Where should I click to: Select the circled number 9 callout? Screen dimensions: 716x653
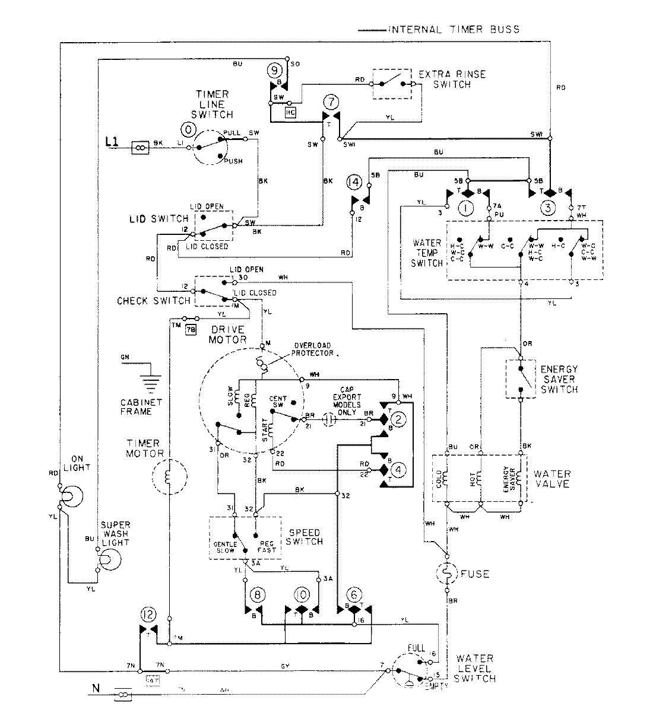(274, 70)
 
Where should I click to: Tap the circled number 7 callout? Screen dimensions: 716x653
(331, 100)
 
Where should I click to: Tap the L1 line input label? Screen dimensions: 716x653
(111, 142)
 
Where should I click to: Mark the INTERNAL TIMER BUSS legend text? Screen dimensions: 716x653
(454, 29)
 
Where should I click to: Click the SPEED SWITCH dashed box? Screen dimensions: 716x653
(244, 537)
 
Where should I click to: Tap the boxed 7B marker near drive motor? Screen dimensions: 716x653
(190, 330)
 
